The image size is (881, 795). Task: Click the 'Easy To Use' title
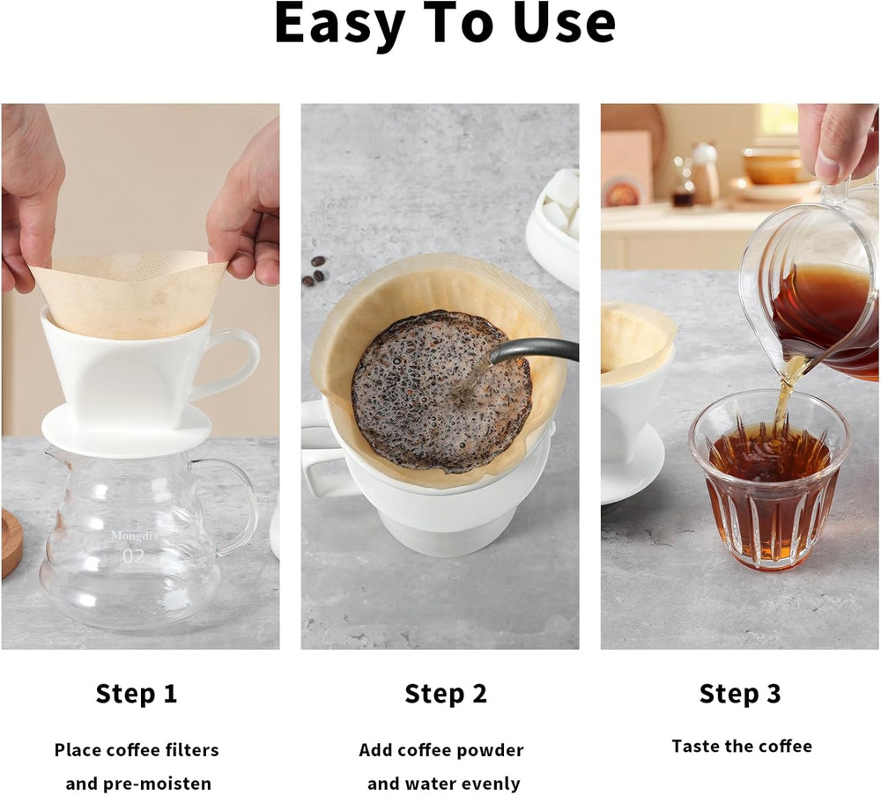click(444, 25)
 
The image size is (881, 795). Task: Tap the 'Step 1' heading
click(137, 694)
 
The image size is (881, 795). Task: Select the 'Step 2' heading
click(445, 694)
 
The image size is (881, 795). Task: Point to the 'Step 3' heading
click(740, 694)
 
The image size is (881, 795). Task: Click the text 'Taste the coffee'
click(742, 747)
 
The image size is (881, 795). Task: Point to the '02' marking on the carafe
click(132, 556)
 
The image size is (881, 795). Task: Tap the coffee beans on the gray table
click(315, 271)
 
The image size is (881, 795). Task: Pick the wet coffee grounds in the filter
click(423, 387)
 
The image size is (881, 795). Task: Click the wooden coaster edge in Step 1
click(11, 541)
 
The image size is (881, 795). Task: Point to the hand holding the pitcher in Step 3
click(837, 141)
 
